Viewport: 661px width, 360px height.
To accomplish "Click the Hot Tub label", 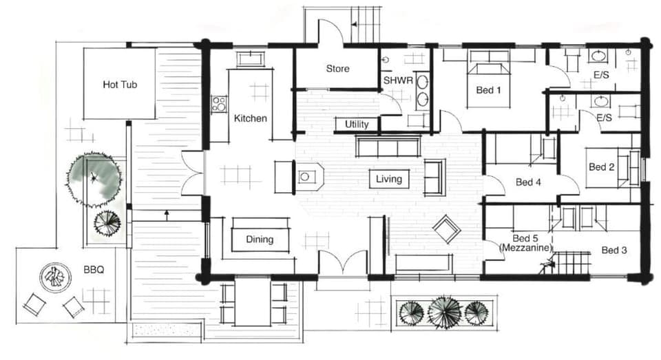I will click(120, 85).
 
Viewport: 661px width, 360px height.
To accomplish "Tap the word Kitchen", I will click(250, 118).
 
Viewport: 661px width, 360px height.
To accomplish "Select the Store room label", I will click(337, 69).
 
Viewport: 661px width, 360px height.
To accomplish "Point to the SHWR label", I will click(397, 81).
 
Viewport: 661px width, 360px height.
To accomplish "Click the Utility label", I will click(357, 125).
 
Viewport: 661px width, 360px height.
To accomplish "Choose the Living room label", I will click(388, 180).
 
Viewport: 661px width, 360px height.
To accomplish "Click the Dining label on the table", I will click(260, 240).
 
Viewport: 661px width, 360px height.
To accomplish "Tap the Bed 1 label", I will click(488, 90).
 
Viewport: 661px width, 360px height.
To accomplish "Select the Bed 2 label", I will click(601, 167).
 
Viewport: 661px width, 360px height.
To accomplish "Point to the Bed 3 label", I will click(613, 251).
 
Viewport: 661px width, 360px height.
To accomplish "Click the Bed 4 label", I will click(528, 182).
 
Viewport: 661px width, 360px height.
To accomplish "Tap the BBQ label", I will click(94, 270).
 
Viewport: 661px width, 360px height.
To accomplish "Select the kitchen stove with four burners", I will click(219, 104).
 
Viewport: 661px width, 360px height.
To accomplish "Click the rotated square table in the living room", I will click(446, 229).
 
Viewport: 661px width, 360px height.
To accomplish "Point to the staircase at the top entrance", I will click(366, 25).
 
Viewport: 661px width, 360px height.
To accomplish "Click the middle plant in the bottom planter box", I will click(444, 313).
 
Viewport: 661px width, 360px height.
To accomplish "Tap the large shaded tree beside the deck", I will click(95, 179).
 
